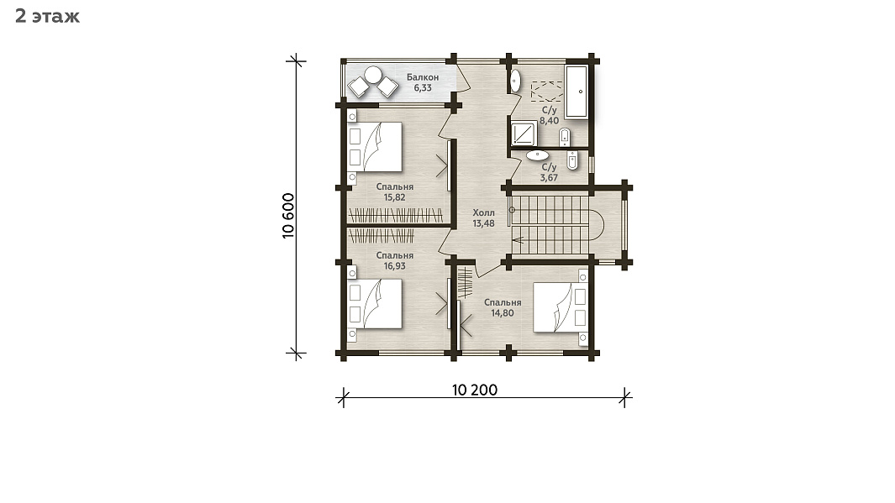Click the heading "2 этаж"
pos(47,16)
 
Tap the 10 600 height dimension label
pos(288,216)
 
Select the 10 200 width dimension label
pos(475,390)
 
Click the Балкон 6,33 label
pos(423,82)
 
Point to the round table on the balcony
pos(373,75)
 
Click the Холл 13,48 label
pos(483,217)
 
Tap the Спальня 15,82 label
pos(394,192)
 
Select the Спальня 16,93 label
pos(394,260)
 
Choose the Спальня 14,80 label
pos(503,307)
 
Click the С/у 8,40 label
pos(549,115)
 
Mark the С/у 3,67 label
pos(549,172)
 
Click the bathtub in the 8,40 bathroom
pos(576,92)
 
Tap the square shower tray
pos(524,134)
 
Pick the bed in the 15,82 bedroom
pos(375,147)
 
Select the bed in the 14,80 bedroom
pos(560,307)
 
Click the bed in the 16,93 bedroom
pos(375,303)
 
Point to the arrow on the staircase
pos(518,239)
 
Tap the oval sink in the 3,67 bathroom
pos(537,155)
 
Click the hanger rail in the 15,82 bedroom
pos(396,216)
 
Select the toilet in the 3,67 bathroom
pos(572,160)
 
